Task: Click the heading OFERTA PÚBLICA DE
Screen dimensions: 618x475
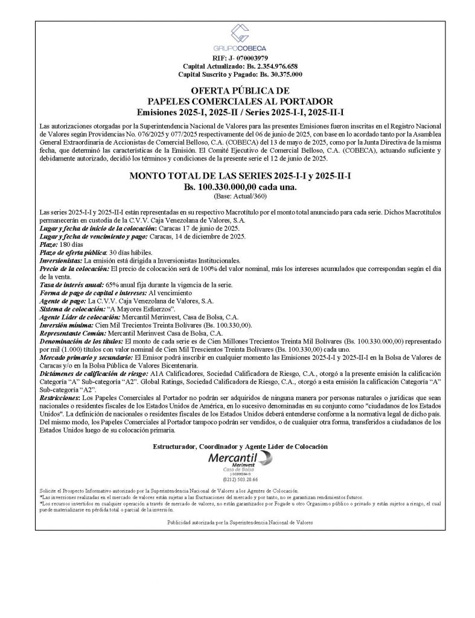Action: pyautogui.click(x=240, y=91)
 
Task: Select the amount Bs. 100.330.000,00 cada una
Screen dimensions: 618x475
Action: pyautogui.click(x=240, y=188)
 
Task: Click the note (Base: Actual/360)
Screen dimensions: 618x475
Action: pyautogui.click(x=240, y=197)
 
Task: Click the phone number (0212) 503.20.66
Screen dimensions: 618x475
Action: pyautogui.click(x=240, y=479)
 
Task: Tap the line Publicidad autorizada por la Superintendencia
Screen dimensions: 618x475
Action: pyautogui.click(x=240, y=521)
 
